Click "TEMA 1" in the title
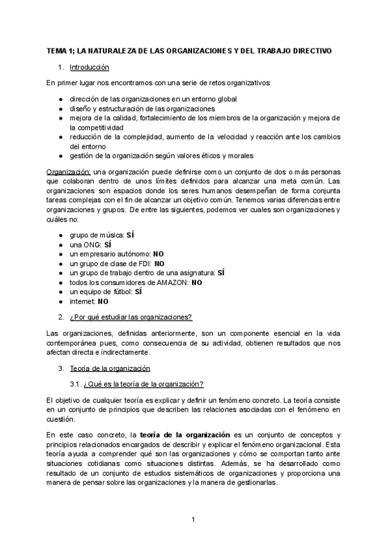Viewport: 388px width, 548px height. (60, 50)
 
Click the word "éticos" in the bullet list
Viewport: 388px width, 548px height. (206, 156)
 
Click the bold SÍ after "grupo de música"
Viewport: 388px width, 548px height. (130, 235)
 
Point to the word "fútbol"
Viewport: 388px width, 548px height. (122, 291)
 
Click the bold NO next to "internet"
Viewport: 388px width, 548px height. (103, 301)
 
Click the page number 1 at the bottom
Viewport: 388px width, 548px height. (193, 519)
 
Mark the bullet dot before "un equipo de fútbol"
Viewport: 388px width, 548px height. (60, 292)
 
